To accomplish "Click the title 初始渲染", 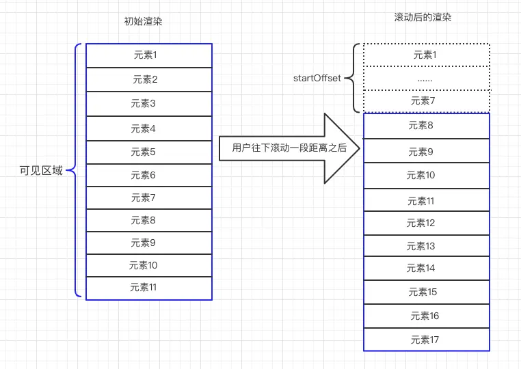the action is [143, 22].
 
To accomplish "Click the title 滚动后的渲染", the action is [423, 17].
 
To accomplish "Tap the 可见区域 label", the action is [41, 171].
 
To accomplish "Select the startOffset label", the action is [317, 79].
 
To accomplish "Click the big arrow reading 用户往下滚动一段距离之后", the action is [289, 148].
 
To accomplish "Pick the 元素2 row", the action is [149, 80].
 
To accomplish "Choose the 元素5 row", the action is [149, 152].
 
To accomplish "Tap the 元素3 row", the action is [149, 104].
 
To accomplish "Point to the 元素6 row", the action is [149, 176].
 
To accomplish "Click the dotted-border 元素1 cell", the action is [427, 55].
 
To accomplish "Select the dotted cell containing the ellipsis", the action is [427, 79].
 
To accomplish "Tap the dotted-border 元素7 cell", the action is [427, 101].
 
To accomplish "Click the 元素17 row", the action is [427, 340].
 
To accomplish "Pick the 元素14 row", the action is [427, 269].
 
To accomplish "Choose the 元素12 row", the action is [427, 223].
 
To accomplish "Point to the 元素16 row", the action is [427, 316].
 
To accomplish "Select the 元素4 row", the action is [149, 128].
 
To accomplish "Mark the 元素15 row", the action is [427, 292].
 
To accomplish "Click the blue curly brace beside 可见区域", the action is [76, 170].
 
